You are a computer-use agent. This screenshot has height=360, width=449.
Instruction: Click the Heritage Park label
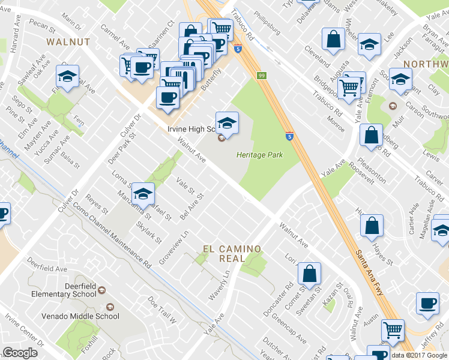pyautogui.click(x=259, y=155)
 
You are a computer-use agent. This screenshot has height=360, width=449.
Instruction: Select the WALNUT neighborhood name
pyautogui.click(x=68, y=41)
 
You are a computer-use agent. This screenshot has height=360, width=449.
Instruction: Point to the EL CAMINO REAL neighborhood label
pyautogui.click(x=232, y=254)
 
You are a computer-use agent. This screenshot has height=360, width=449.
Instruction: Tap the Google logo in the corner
pyautogui.click(x=20, y=353)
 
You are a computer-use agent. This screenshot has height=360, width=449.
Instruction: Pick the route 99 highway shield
pyautogui.click(x=262, y=75)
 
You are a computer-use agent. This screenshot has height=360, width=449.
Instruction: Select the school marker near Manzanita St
pyautogui.click(x=143, y=194)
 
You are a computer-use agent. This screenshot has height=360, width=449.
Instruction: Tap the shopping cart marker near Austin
pyautogui.click(x=393, y=329)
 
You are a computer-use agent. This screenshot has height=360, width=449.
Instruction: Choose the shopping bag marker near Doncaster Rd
pyautogui.click(x=309, y=274)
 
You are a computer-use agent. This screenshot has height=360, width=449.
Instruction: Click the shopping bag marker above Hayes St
pyautogui.click(x=372, y=226)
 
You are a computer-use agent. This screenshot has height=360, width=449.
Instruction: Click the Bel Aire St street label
pyautogui.click(x=193, y=205)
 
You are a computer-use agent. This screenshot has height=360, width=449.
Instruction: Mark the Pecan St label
pyautogui.click(x=41, y=26)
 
